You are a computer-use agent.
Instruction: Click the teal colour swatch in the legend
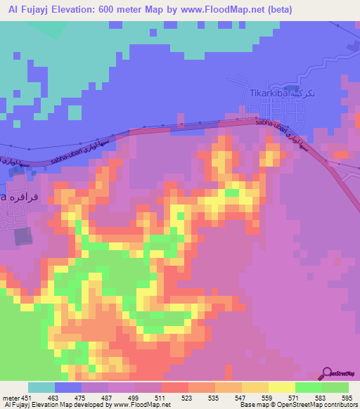click(41, 387)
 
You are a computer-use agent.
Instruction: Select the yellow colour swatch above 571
click(281, 387)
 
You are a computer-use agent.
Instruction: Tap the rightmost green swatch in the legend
click(335, 387)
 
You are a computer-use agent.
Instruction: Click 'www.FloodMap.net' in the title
click(211, 9)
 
